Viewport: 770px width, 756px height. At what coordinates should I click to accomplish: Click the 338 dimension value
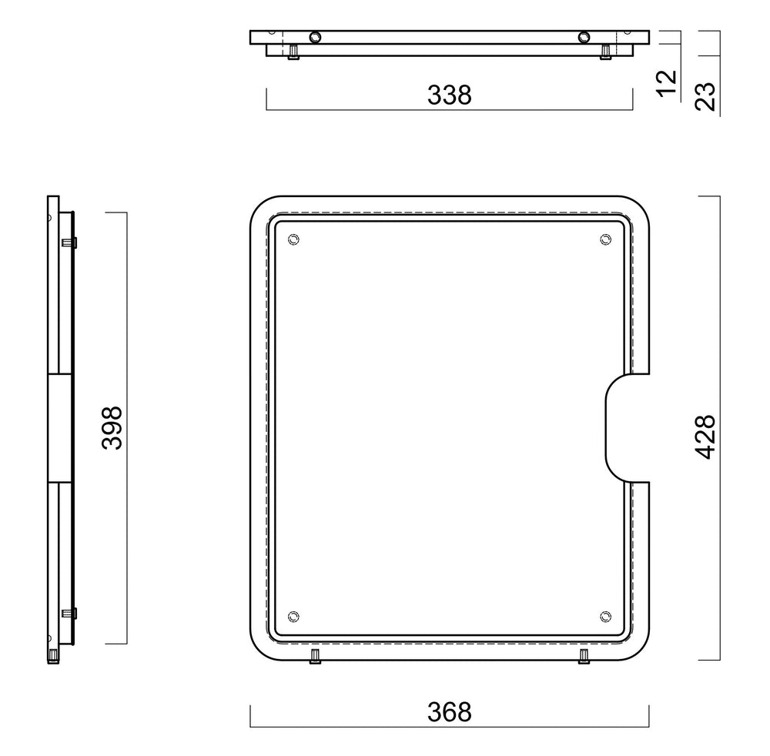click(x=450, y=95)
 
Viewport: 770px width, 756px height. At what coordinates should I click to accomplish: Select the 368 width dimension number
click(x=450, y=712)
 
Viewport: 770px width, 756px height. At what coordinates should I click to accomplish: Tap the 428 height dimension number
click(x=705, y=437)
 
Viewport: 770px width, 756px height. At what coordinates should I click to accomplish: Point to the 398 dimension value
click(x=112, y=427)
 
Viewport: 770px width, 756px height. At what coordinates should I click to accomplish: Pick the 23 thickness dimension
click(x=705, y=96)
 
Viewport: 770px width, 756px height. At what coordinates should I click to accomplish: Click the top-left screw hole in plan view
click(x=293, y=239)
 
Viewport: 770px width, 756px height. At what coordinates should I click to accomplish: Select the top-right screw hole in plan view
click(x=605, y=239)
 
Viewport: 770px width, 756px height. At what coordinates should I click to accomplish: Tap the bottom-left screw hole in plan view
click(x=293, y=617)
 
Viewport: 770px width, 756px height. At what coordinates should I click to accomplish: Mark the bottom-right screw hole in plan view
click(x=605, y=617)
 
